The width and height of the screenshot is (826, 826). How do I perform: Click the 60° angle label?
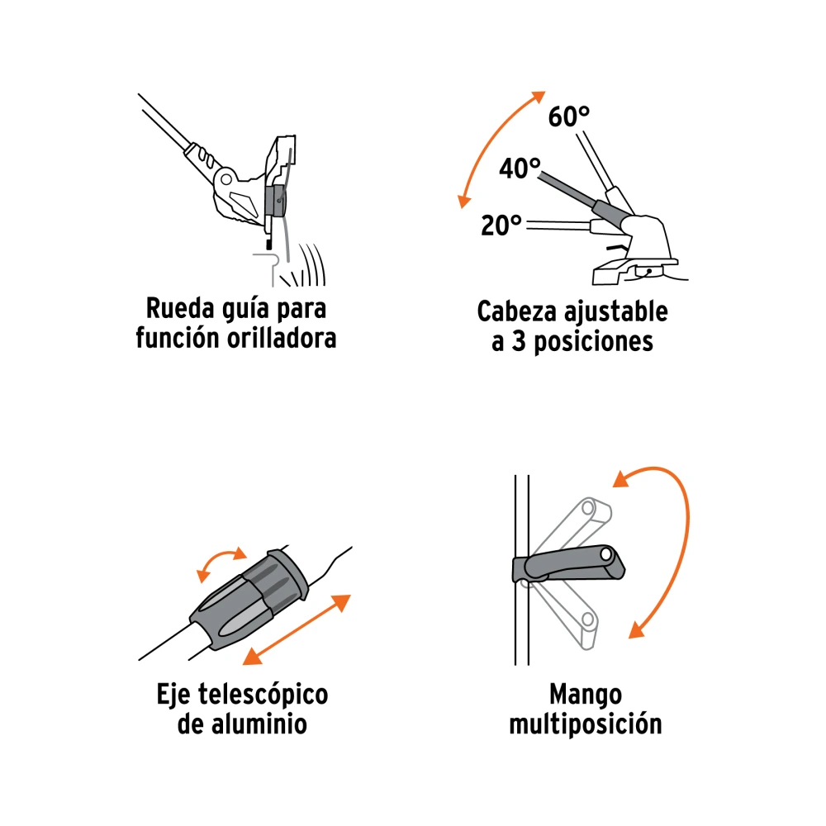click(569, 116)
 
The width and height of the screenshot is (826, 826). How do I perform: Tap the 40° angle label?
click(520, 169)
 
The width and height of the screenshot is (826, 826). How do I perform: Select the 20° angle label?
click(501, 225)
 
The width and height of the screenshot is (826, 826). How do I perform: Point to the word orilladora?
click(282, 338)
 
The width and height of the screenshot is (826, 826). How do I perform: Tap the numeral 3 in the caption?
click(519, 342)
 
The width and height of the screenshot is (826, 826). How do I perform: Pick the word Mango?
click(586, 695)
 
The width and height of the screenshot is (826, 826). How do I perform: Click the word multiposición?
click(586, 724)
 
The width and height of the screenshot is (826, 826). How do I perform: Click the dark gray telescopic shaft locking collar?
click(249, 600)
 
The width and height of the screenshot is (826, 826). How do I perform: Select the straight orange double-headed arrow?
click(297, 629)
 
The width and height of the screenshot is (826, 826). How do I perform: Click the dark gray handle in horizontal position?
click(569, 565)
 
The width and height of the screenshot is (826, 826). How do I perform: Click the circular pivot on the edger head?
click(226, 179)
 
